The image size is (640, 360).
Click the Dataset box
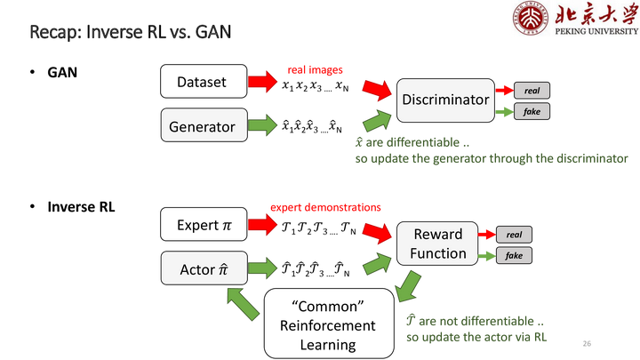(x=204, y=81)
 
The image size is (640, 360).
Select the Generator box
(x=204, y=125)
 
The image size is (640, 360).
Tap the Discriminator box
(x=445, y=100)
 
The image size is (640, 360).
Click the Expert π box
(x=204, y=224)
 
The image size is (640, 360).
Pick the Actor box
(x=204, y=268)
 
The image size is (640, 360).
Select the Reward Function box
(x=437, y=244)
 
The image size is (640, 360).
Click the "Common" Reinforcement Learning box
(x=329, y=324)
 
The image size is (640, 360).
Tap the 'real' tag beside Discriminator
(x=532, y=90)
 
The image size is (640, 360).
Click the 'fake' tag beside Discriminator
(x=532, y=111)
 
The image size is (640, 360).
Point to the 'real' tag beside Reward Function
(x=514, y=235)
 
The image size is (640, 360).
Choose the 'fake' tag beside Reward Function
(x=514, y=255)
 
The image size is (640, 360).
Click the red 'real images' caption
(x=315, y=70)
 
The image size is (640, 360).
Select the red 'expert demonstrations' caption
(x=325, y=207)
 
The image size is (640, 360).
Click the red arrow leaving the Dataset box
(x=262, y=81)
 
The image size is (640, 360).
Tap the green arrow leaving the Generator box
(x=262, y=124)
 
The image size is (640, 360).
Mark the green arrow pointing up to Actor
(x=244, y=304)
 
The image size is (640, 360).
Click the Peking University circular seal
(x=530, y=18)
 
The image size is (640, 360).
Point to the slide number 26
(x=587, y=344)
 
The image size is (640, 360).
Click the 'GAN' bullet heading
(x=62, y=72)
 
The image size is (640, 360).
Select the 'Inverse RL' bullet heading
(x=81, y=207)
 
